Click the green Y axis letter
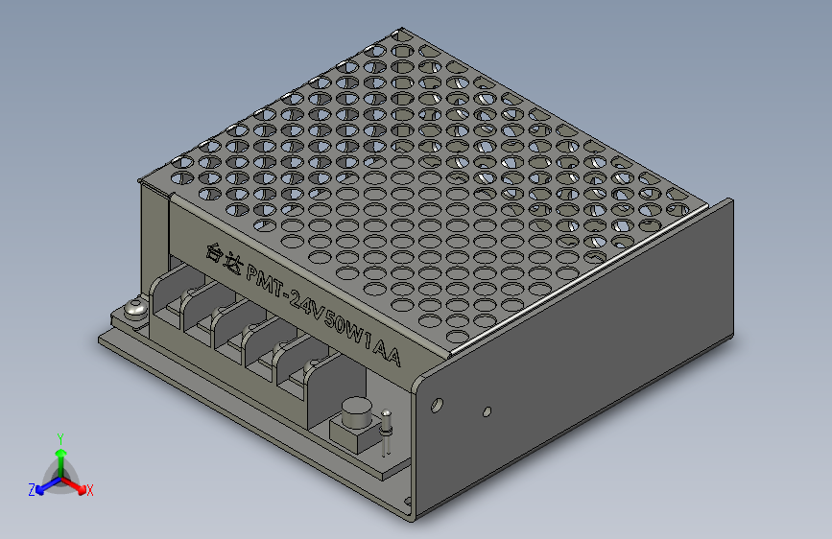tap(59, 437)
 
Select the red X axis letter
tap(90, 491)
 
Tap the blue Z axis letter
tap(32, 490)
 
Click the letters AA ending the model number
tap(388, 351)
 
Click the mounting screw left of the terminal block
tap(133, 311)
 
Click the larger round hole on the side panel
tap(439, 405)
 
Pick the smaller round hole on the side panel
tap(487, 411)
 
